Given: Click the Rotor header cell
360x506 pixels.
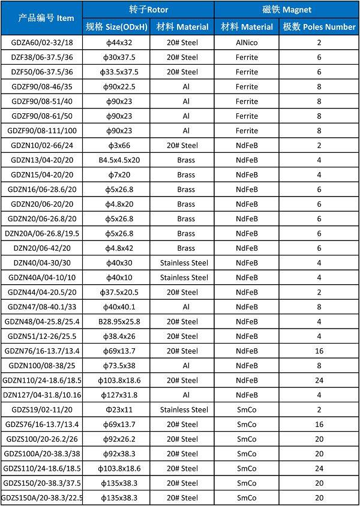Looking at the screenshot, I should pyautogui.click(x=148, y=10).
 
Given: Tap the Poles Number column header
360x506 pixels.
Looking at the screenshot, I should pyautogui.click(x=319, y=27).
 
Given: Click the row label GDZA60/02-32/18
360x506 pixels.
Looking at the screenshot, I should pyautogui.click(x=43, y=43).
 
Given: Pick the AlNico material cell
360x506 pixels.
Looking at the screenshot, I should pyautogui.click(x=247, y=43).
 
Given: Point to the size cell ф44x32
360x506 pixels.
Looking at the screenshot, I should pyautogui.click(x=119, y=43).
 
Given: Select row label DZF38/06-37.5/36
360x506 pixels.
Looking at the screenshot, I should pyautogui.click(x=43, y=58).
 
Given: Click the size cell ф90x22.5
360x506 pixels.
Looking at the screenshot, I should pyautogui.click(x=119, y=87).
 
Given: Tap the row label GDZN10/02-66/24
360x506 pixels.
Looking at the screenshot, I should pyautogui.click(x=43, y=146).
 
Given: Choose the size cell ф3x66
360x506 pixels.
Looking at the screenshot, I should pyautogui.click(x=119, y=146).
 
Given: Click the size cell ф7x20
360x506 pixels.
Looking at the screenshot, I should pyautogui.click(x=119, y=175).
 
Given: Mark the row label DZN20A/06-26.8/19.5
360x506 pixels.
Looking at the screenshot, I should pyautogui.click(x=43, y=234).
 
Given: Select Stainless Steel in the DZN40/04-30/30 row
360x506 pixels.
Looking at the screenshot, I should pyautogui.click(x=184, y=263).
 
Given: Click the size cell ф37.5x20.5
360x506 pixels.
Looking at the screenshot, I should pyautogui.click(x=119, y=293).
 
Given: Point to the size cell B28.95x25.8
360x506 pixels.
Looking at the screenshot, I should pyautogui.click(x=119, y=322).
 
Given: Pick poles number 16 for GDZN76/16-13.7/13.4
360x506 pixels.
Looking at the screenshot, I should pyautogui.click(x=319, y=351).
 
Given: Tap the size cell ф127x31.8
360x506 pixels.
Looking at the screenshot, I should pyautogui.click(x=119, y=395).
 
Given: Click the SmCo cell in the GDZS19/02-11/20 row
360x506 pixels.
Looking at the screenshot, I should pyautogui.click(x=247, y=410).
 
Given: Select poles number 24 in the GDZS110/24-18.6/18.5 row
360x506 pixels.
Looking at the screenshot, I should pyautogui.click(x=319, y=469).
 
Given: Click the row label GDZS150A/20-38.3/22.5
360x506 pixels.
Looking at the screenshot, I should pyautogui.click(x=43, y=498).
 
